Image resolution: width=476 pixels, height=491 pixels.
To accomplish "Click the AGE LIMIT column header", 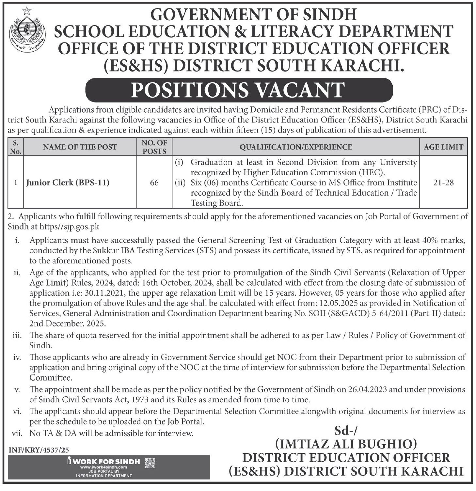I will [x=443, y=147].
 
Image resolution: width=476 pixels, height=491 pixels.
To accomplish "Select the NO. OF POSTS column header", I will [x=154, y=147].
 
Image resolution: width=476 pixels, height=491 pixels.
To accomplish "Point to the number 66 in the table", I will [x=154, y=182].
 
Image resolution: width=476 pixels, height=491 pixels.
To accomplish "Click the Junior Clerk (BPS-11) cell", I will [x=68, y=182].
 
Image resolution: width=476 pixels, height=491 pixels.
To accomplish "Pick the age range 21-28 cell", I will [x=443, y=182].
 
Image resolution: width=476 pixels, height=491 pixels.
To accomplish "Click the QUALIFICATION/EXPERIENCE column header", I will [x=296, y=147].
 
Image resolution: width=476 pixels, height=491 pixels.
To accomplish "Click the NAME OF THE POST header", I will [x=80, y=147].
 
